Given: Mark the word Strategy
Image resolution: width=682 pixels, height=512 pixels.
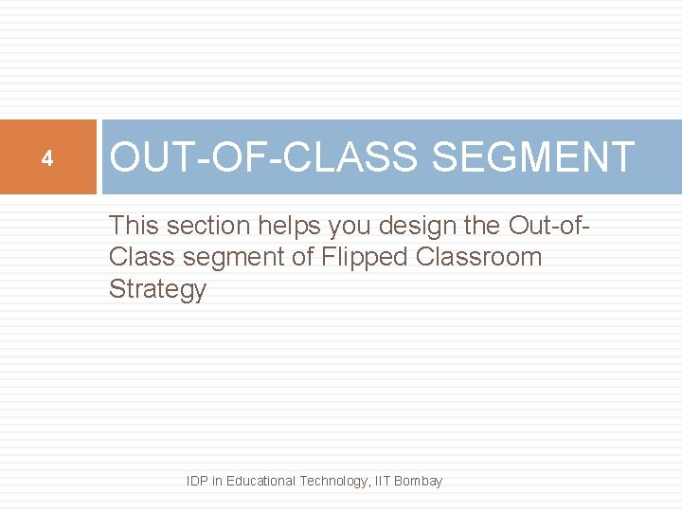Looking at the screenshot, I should click(157, 289).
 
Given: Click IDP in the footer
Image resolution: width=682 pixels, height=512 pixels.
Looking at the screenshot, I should click(198, 481).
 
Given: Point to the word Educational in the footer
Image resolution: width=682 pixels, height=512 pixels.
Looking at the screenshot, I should click(260, 481).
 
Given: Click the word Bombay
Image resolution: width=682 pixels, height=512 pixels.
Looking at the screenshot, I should click(418, 481).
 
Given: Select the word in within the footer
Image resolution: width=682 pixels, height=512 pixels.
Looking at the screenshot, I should click(218, 481).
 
